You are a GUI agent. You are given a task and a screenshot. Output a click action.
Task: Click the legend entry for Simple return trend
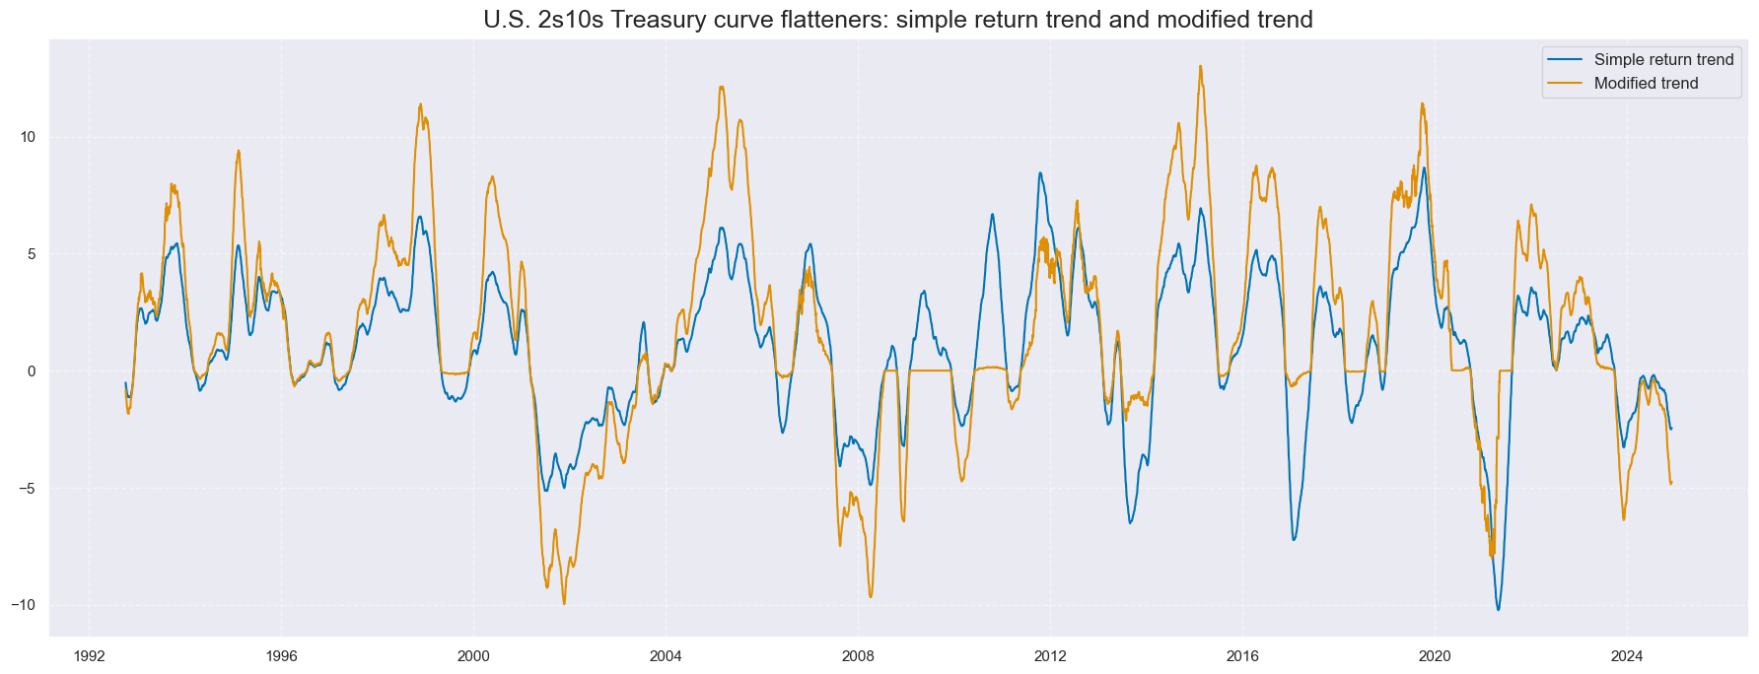pos(1663,60)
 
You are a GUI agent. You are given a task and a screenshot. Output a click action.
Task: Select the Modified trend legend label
pos(1646,84)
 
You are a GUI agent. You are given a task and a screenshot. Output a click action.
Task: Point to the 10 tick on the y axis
pos(28,137)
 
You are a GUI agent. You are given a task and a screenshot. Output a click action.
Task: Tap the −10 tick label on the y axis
pos(25,605)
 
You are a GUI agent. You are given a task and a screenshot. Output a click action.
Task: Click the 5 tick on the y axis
pos(32,254)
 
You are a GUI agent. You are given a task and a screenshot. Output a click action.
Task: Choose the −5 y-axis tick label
pos(29,489)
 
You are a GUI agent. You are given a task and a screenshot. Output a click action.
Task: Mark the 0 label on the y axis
pos(32,371)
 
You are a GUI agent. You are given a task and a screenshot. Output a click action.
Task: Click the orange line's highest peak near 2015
pos(1200,66)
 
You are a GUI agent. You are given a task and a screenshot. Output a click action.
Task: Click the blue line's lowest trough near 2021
pos(1499,610)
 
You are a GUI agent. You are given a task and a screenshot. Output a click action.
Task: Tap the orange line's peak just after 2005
pos(722,87)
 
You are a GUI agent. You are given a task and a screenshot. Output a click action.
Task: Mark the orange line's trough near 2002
pos(564,603)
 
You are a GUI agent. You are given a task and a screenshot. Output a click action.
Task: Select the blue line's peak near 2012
pos(1039,172)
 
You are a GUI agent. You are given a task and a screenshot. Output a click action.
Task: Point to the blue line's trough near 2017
pos(1294,540)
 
